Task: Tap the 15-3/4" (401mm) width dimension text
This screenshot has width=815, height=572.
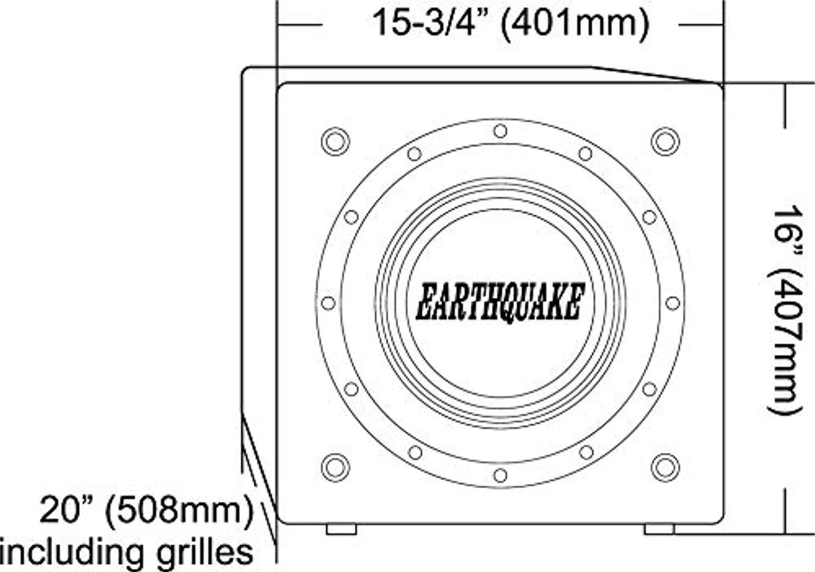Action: click(x=511, y=23)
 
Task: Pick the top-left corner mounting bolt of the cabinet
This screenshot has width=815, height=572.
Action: click(x=335, y=141)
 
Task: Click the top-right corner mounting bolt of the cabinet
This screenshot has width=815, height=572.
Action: click(x=665, y=141)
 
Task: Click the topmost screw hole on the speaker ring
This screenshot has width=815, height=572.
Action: click(x=500, y=131)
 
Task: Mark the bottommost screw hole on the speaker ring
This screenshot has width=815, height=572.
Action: click(x=500, y=475)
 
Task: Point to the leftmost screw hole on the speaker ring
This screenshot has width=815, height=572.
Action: click(x=328, y=303)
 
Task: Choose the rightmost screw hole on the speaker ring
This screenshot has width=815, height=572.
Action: click(x=673, y=303)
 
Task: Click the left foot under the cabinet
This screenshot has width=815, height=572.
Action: click(x=341, y=529)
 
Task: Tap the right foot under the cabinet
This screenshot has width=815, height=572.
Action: click(x=659, y=529)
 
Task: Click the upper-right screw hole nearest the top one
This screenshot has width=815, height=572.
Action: click(x=586, y=154)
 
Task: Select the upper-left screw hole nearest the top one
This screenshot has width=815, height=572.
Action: click(x=415, y=154)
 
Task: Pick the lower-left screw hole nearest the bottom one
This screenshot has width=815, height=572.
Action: click(x=415, y=452)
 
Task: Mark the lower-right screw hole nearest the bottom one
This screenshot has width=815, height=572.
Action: click(x=586, y=452)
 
